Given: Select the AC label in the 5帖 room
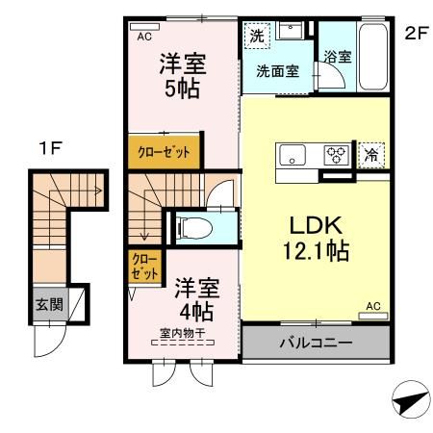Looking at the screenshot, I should point(145,37).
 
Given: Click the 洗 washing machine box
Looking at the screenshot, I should point(256,36).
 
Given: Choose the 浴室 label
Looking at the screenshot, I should point(337,57).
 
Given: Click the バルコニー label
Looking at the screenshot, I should point(316,342).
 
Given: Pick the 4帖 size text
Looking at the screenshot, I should point(195,310).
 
